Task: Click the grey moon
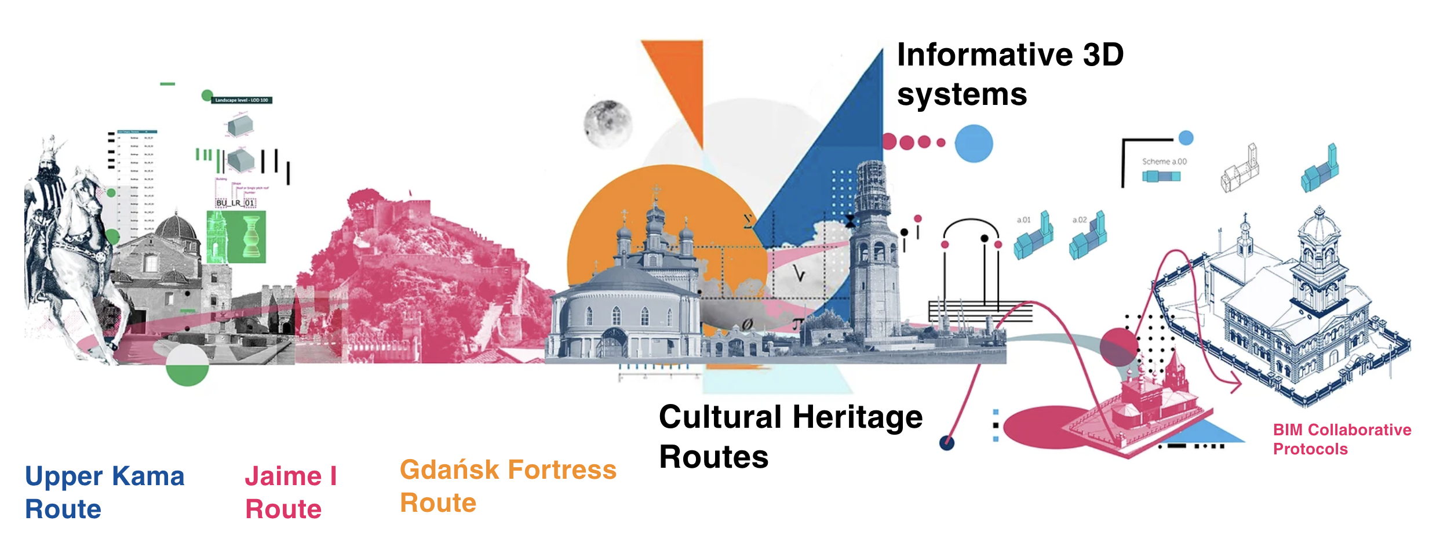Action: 607,123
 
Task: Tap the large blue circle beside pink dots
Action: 974,144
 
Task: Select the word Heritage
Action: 857,417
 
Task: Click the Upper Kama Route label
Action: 104,493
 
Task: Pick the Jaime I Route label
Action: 291,493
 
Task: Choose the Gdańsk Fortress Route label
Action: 508,486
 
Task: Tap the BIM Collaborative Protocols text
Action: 1341,439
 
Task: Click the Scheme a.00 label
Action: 1164,162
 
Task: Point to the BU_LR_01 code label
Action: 235,203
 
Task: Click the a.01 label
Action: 1023,220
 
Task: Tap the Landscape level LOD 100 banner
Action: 242,100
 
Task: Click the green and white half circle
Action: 187,365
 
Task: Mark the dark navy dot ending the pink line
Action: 946,443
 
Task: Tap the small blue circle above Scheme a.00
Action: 1186,138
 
